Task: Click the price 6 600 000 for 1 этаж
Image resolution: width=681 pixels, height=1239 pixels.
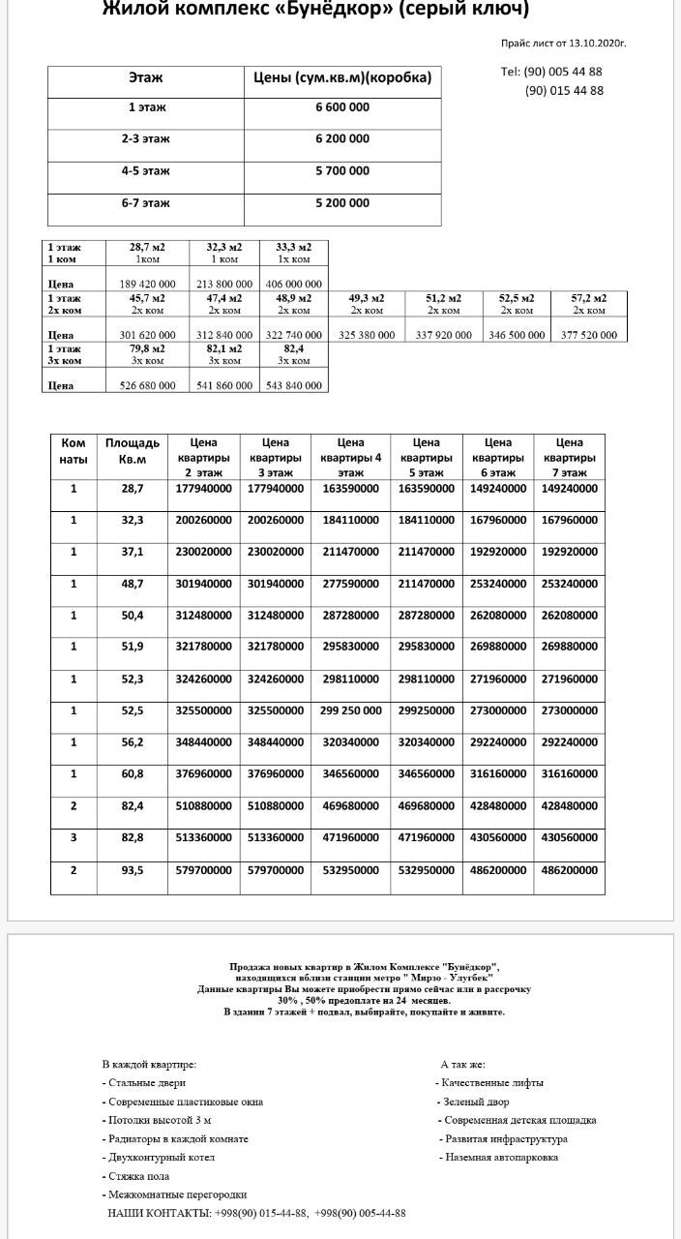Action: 342,107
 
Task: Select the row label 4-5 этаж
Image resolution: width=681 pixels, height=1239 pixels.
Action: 146,171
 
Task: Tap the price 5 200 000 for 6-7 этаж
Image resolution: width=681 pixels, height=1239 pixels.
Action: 342,203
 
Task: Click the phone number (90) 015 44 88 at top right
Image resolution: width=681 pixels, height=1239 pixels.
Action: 564,91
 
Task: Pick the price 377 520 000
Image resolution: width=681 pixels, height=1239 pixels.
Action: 589,335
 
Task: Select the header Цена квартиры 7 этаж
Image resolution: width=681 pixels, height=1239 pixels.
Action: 570,457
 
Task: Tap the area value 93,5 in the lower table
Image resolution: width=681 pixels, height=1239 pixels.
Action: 133,870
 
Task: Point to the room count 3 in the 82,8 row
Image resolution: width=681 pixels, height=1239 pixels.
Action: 74,837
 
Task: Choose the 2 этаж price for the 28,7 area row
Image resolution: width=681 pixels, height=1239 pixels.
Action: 204,489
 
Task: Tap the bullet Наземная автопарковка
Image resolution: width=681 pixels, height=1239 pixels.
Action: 499,1158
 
